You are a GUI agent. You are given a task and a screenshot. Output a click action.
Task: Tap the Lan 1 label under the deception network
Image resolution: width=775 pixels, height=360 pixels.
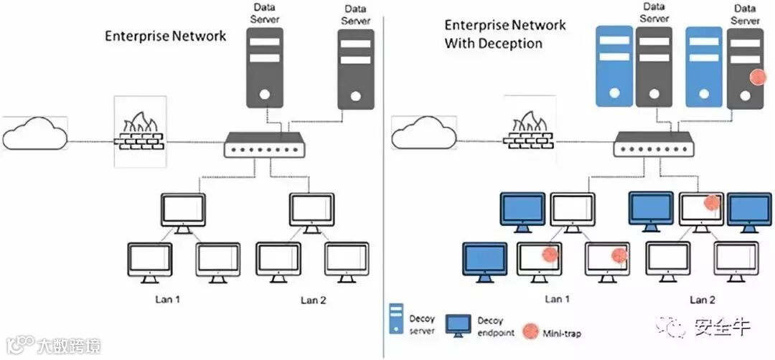point(557,299)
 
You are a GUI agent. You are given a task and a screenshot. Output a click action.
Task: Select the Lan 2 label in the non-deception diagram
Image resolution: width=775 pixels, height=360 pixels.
point(312,299)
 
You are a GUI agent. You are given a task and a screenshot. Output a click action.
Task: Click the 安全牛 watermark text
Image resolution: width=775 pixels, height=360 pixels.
point(722,328)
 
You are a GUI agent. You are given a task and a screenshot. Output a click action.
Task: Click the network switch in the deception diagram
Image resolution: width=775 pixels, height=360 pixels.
point(654,146)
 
